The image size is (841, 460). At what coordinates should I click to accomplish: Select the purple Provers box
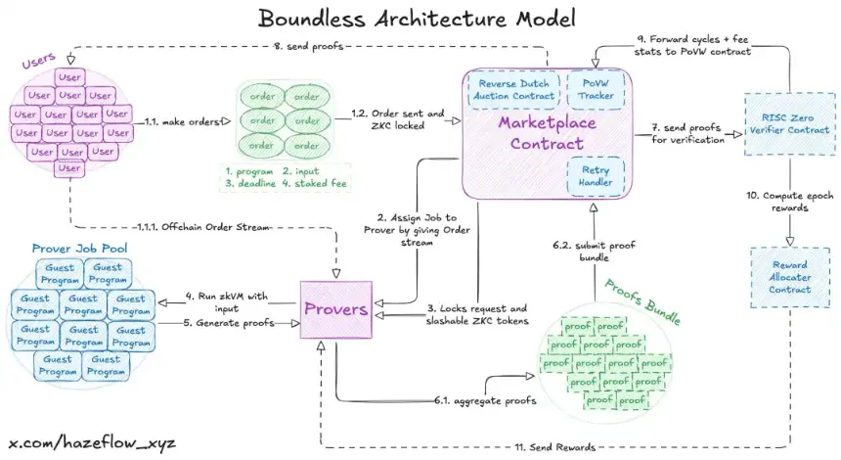(338, 308)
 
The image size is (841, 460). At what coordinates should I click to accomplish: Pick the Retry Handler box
(596, 176)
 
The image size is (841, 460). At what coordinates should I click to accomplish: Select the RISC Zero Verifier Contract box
(790, 123)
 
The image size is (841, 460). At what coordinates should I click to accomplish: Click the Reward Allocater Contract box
(790, 276)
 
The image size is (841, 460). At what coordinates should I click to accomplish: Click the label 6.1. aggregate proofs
(477, 399)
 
